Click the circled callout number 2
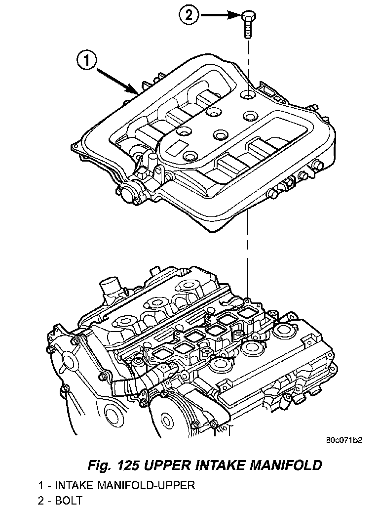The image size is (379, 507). click(x=189, y=15)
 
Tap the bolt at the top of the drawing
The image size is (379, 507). click(x=247, y=24)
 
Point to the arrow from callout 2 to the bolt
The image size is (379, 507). click(x=217, y=15)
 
